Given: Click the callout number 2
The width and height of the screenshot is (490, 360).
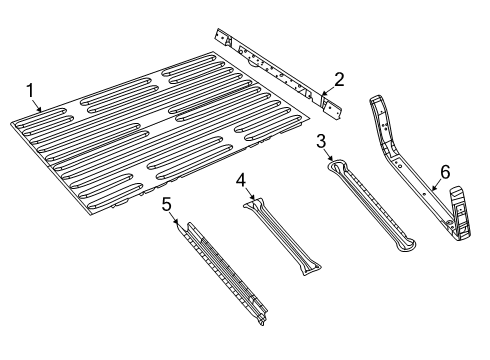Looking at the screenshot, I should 339,79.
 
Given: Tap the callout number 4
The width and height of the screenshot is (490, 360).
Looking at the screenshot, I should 241,180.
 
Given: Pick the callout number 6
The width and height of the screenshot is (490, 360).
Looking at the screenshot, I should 445,171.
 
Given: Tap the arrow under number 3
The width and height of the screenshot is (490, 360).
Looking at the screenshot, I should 327,156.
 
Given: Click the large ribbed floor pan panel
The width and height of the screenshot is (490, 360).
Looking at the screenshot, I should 160,135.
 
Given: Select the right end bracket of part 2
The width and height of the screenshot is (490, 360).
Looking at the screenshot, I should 331,102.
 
